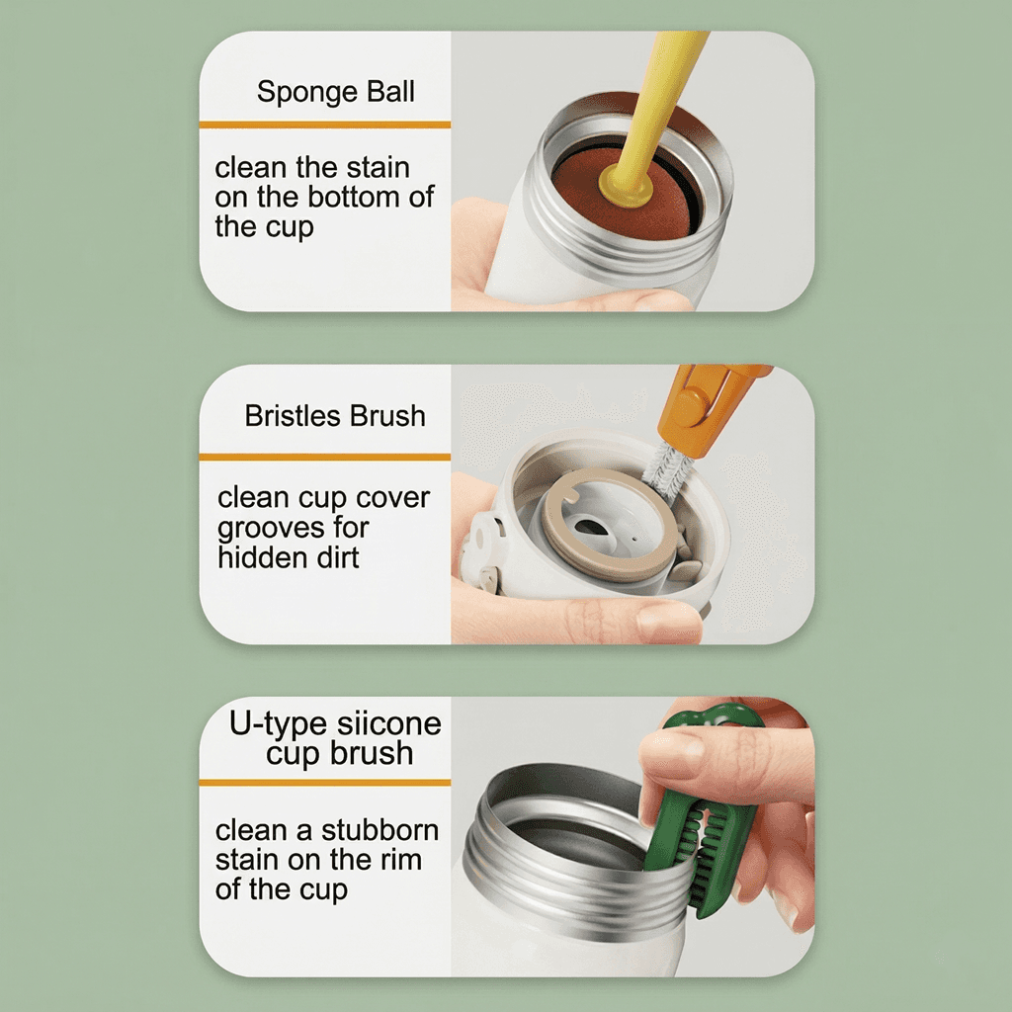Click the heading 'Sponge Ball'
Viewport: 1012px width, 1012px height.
coord(336,93)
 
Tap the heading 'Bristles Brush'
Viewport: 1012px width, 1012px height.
coord(335,416)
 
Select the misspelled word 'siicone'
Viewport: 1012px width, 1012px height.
coord(389,723)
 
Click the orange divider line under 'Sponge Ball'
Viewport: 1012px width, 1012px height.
coord(324,125)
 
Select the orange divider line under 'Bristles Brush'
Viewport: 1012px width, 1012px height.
coord(324,457)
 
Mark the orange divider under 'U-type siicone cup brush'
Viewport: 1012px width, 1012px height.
coord(324,783)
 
